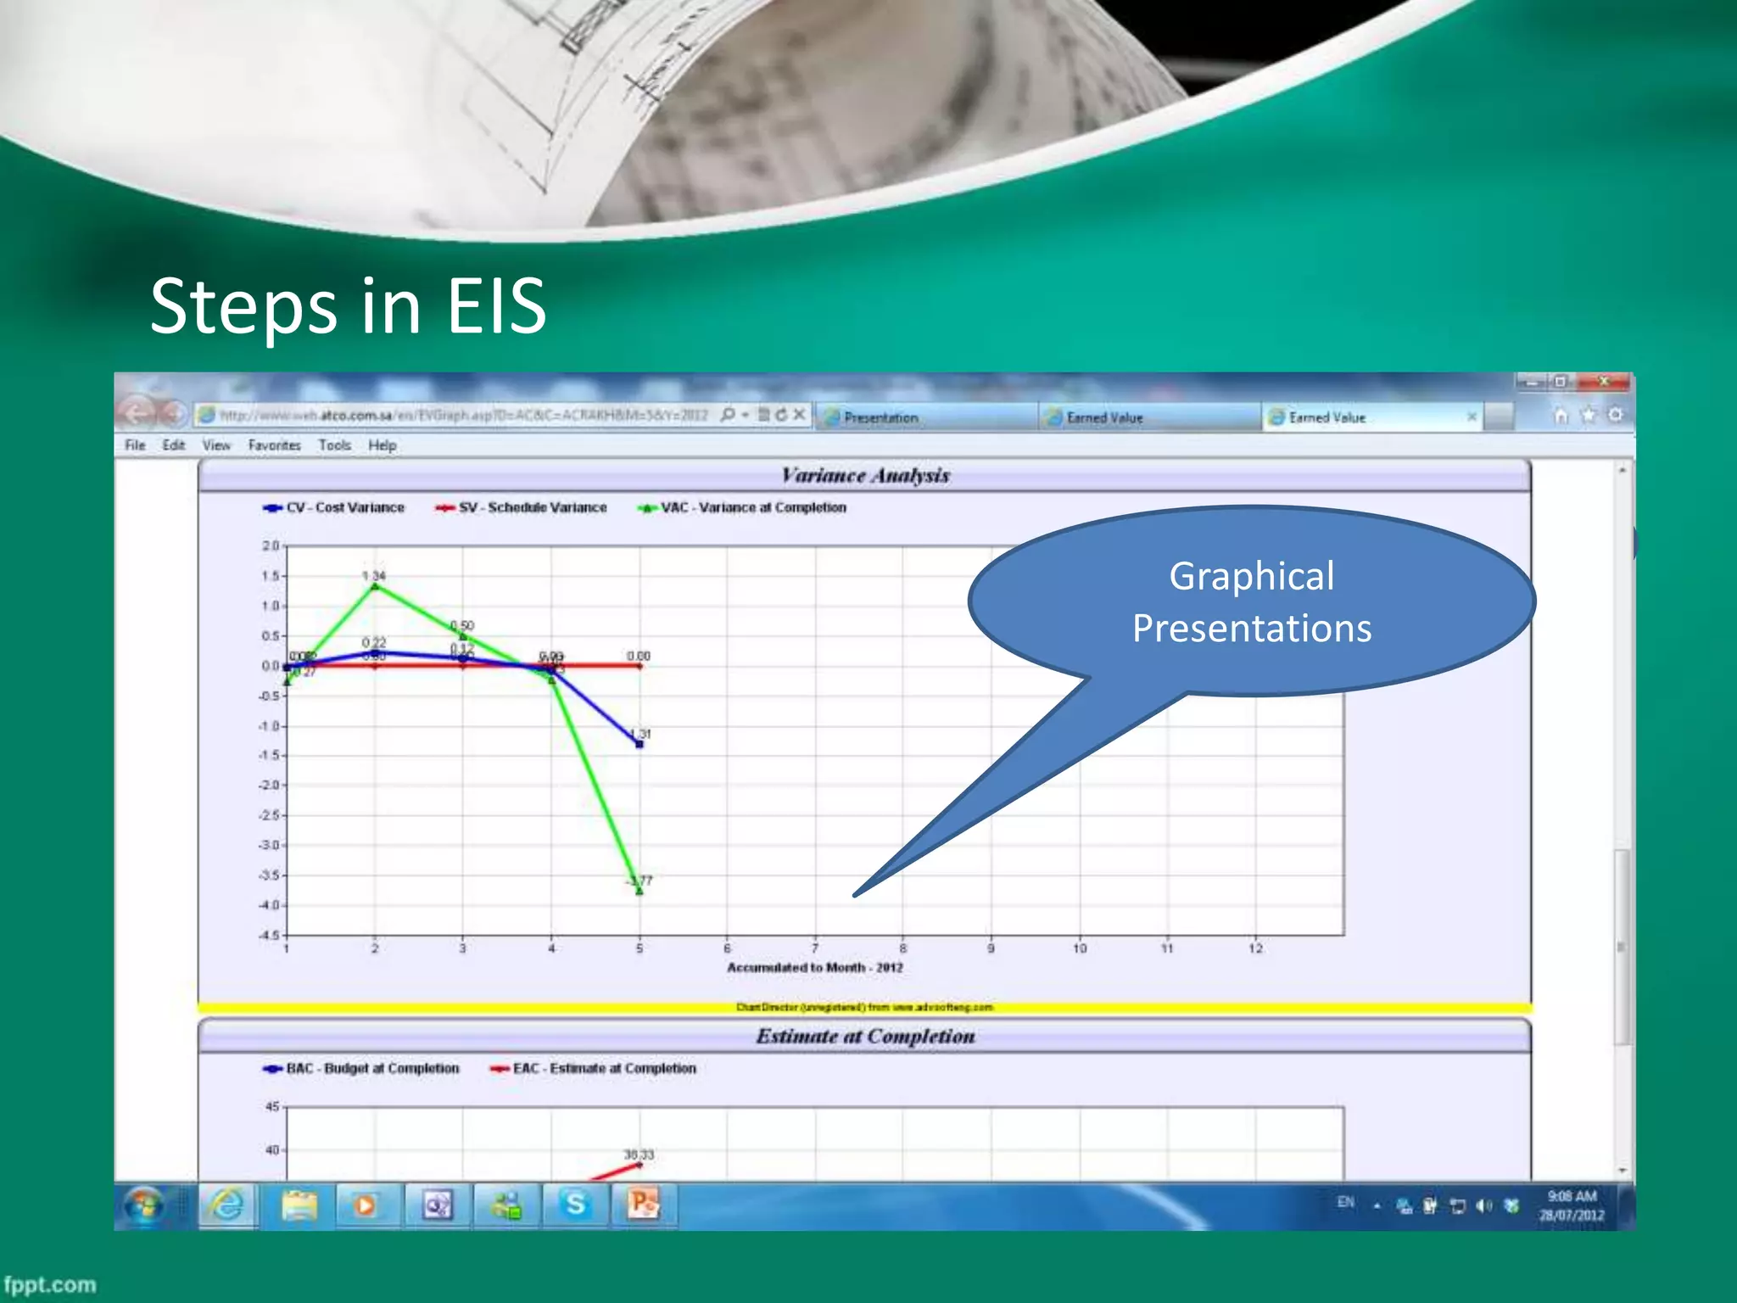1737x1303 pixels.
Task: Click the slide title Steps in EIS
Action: click(x=348, y=305)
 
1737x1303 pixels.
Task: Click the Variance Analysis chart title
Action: click(x=865, y=475)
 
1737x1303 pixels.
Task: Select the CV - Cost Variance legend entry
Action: click(x=335, y=507)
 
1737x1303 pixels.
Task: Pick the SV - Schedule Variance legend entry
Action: click(x=522, y=507)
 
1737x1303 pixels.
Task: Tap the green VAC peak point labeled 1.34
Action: click(x=375, y=585)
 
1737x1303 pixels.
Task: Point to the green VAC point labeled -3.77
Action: click(x=640, y=891)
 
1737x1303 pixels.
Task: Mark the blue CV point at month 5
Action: click(x=640, y=744)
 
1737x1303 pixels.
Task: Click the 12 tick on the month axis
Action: click(x=1255, y=948)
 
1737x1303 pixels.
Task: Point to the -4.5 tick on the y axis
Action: click(x=269, y=935)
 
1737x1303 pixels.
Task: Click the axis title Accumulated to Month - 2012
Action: click(x=814, y=967)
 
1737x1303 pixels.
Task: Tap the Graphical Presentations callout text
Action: click(x=1252, y=602)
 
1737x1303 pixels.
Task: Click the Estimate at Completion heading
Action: click(x=865, y=1036)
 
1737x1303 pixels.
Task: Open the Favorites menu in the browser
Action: click(x=274, y=445)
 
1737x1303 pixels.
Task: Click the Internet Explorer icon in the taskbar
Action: click(x=226, y=1205)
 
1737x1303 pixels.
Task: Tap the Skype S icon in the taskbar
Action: click(x=575, y=1205)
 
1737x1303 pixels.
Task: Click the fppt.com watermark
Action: click(x=49, y=1284)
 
